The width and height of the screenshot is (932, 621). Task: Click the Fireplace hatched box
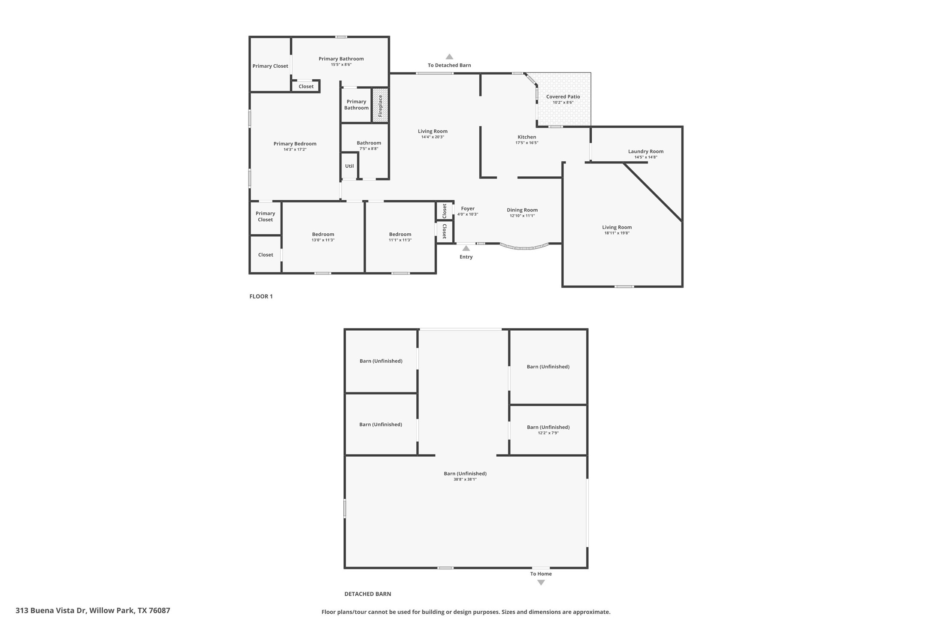[x=380, y=106]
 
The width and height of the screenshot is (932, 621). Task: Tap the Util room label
[x=349, y=166]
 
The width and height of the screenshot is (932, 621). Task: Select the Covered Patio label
[x=563, y=96]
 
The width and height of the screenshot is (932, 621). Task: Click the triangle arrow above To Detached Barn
[x=449, y=57]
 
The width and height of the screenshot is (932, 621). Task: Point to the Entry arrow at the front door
[x=466, y=248]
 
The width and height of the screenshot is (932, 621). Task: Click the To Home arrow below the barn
[x=541, y=582]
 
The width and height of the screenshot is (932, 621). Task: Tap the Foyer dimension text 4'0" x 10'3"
[x=467, y=214]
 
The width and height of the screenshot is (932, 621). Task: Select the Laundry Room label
[x=645, y=151]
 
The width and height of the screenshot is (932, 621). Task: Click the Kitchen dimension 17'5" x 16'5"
[x=527, y=143]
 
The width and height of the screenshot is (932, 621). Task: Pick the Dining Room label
[x=522, y=210]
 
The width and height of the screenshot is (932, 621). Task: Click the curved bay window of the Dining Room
[x=524, y=247]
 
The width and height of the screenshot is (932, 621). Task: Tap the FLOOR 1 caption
[x=261, y=296]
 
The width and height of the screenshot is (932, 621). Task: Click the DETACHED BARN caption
[x=368, y=594]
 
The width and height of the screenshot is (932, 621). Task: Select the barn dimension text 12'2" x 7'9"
[x=548, y=433]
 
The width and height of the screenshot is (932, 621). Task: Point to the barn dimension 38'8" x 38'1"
[x=465, y=479]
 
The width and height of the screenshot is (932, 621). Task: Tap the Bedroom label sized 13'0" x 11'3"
[x=323, y=234]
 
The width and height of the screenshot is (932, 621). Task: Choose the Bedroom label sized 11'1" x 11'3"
[x=400, y=234]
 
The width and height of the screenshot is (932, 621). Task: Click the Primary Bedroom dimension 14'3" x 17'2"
[x=295, y=150]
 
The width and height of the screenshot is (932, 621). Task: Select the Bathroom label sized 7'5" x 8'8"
[x=369, y=143]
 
